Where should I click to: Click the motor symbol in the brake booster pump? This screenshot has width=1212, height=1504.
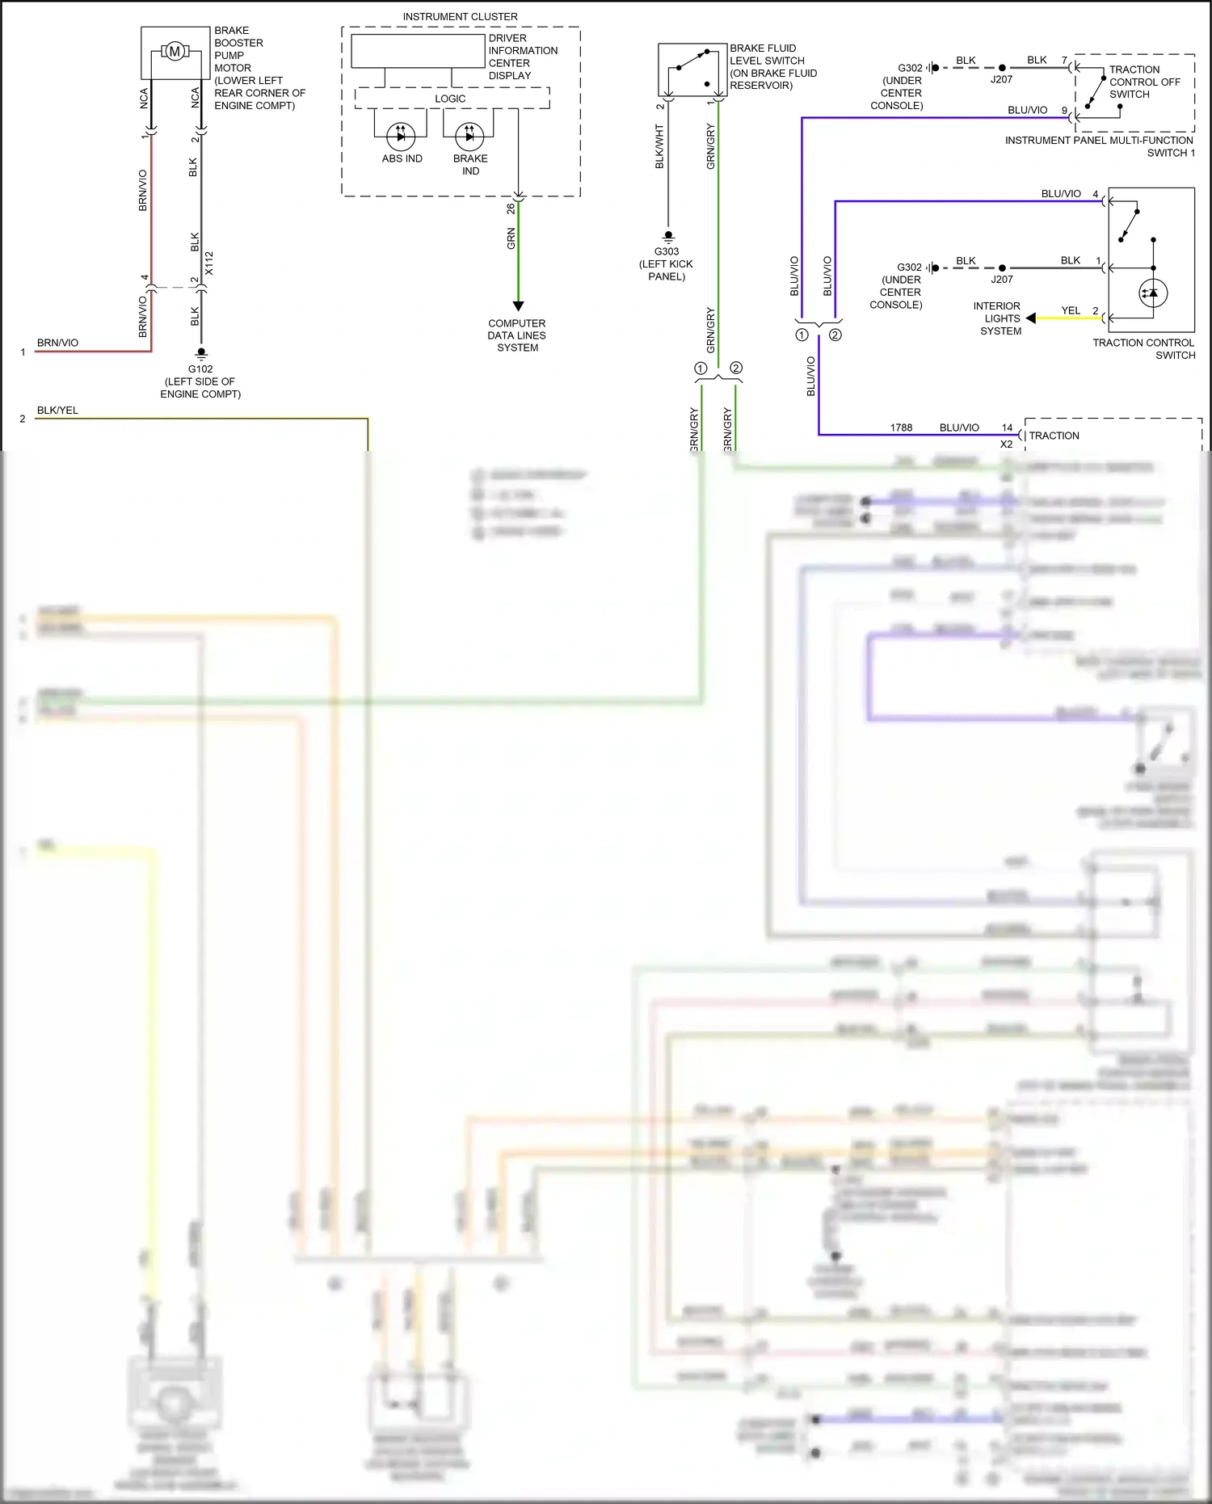coord(174,53)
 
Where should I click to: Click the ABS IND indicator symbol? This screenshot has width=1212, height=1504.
coord(402,137)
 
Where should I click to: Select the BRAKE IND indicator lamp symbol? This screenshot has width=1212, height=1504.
coord(469,137)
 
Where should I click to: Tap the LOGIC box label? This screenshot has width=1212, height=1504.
coord(450,99)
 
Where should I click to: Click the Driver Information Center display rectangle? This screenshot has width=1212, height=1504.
coord(418,51)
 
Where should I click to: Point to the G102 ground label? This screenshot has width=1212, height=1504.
coord(200,369)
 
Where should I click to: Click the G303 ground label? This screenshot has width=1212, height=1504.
coord(667,251)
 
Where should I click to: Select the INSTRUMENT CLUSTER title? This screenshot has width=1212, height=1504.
coord(460,16)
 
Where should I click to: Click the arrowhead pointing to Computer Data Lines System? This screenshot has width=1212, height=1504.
coord(518,305)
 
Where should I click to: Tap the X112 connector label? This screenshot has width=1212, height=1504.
coord(209,263)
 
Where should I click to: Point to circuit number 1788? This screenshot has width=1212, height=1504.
coord(901,428)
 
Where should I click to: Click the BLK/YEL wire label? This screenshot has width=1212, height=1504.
coord(57,411)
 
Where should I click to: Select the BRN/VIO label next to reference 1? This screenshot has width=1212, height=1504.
coord(57,343)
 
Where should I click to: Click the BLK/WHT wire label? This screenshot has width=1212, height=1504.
coord(659,146)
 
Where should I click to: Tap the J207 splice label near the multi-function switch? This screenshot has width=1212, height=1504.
coord(1001,79)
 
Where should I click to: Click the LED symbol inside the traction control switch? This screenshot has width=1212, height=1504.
coord(1152,293)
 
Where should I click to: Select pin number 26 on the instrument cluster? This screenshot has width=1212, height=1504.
coord(511,209)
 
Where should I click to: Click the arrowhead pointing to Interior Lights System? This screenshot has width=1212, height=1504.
coord(1031,318)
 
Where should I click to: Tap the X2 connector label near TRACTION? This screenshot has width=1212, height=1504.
coord(1006,444)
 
